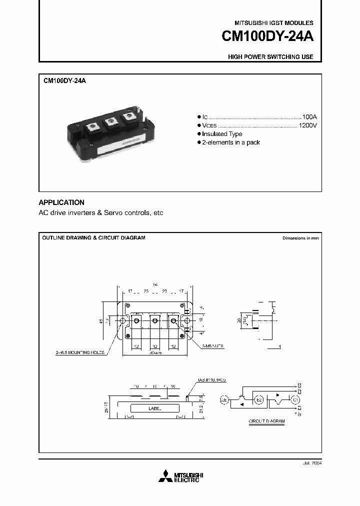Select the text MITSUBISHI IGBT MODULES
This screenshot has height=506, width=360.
click(x=273, y=23)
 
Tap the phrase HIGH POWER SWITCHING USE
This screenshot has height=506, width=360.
click(x=270, y=57)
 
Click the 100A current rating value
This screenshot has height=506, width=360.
click(x=309, y=115)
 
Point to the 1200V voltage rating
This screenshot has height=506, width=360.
click(x=307, y=125)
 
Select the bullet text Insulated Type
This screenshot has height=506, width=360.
click(x=222, y=134)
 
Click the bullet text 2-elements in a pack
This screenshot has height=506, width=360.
click(x=231, y=142)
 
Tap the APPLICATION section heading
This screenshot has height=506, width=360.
click(x=61, y=202)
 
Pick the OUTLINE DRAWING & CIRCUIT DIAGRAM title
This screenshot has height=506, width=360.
click(x=93, y=238)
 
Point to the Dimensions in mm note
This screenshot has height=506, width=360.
click(x=300, y=238)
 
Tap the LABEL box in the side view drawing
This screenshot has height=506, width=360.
click(x=155, y=408)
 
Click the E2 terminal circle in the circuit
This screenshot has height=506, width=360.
click(x=259, y=400)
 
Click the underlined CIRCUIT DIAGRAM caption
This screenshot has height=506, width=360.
click(x=266, y=421)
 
